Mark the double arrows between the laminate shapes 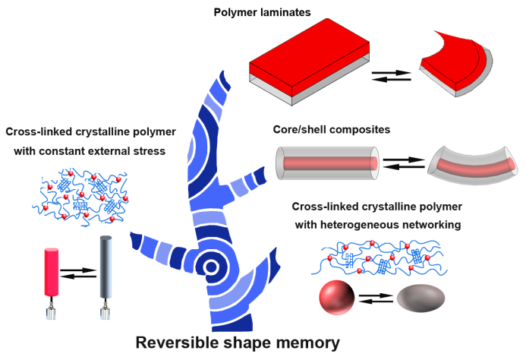coord(392,74)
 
